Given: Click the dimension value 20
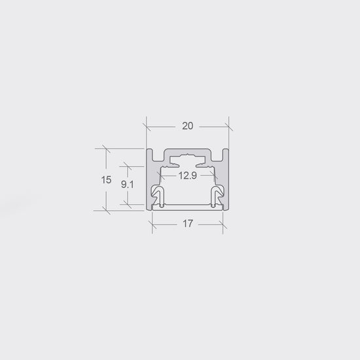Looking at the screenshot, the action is (x=188, y=126).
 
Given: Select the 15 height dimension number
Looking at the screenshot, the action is (x=106, y=180).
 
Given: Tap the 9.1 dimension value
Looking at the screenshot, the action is (x=127, y=185).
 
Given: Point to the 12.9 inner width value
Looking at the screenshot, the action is (x=188, y=175).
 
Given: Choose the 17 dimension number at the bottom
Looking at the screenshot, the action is (x=188, y=224).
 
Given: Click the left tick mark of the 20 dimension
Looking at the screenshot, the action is (x=147, y=126).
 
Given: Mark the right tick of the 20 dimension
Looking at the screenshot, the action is (x=229, y=126).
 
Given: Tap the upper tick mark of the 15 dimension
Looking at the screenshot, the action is (x=106, y=149).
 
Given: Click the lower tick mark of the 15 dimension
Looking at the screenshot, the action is (x=106, y=210).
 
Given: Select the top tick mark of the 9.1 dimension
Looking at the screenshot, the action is (x=128, y=166).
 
